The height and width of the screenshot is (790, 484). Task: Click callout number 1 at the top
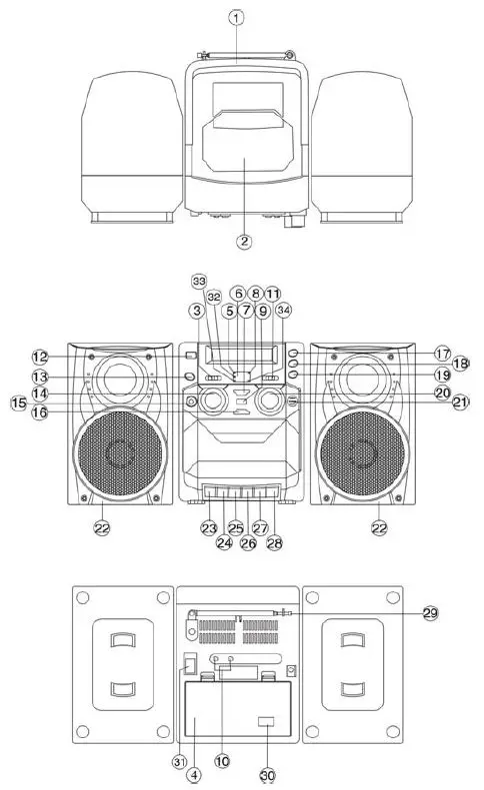tap(236, 17)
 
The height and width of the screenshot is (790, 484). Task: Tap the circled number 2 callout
tap(243, 241)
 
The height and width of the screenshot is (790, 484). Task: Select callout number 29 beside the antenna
tap(430, 612)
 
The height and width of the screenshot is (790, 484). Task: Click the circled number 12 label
tap(40, 357)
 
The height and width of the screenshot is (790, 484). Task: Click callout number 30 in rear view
tap(269, 774)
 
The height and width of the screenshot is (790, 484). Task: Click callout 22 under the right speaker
tap(377, 527)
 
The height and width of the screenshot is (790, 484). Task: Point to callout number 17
tap(443, 354)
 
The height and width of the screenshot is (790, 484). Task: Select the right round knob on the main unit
tap(268, 402)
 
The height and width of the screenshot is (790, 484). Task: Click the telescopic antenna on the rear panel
tap(240, 612)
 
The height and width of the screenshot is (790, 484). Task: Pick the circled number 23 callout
tap(209, 528)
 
